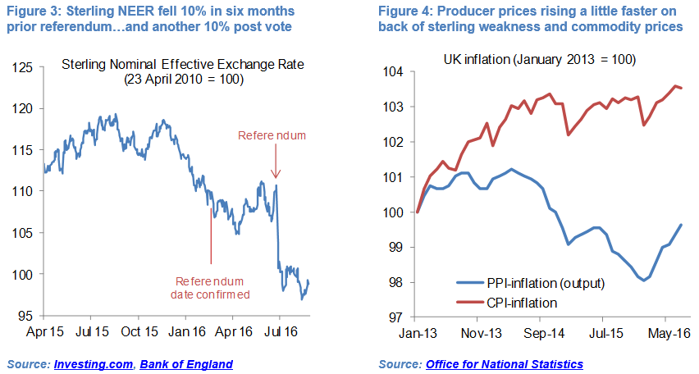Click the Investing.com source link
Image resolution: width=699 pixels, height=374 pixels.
(91, 363)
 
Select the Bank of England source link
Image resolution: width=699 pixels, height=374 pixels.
(186, 363)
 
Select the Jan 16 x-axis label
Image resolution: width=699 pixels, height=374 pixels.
(188, 334)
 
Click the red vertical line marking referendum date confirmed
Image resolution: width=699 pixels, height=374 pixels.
(211, 234)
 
